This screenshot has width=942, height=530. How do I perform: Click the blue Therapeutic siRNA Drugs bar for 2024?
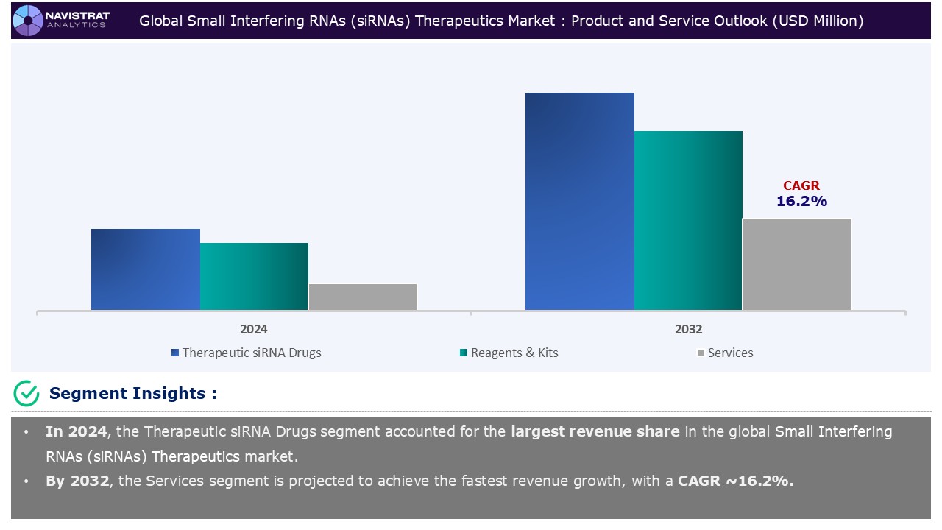[146, 269]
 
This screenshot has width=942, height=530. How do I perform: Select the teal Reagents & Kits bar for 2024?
[254, 276]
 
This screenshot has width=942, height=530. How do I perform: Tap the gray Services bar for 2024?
[362, 297]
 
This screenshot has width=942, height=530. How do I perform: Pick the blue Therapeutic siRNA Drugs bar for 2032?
[580, 201]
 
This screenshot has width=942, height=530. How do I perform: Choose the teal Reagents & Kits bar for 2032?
[688, 220]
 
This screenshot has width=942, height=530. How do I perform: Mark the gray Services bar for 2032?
[796, 264]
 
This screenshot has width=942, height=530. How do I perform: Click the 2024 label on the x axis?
[254, 329]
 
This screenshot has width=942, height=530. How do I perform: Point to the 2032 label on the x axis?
[688, 329]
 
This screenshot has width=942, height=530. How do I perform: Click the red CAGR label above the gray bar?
[801, 186]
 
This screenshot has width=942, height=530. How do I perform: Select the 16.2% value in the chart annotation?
[801, 201]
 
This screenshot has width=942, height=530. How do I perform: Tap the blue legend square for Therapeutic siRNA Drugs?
[175, 353]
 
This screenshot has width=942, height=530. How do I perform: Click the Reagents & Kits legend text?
[514, 353]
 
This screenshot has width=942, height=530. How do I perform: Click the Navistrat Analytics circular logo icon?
[28, 20]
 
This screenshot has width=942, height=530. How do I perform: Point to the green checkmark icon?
[26, 394]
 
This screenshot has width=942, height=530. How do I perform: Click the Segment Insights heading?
[132, 394]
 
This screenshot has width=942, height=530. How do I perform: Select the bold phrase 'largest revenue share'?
[595, 431]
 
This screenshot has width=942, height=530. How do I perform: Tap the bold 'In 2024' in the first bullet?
[75, 431]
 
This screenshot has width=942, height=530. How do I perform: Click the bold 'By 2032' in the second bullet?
[77, 481]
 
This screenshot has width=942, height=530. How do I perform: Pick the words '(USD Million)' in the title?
[817, 21]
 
